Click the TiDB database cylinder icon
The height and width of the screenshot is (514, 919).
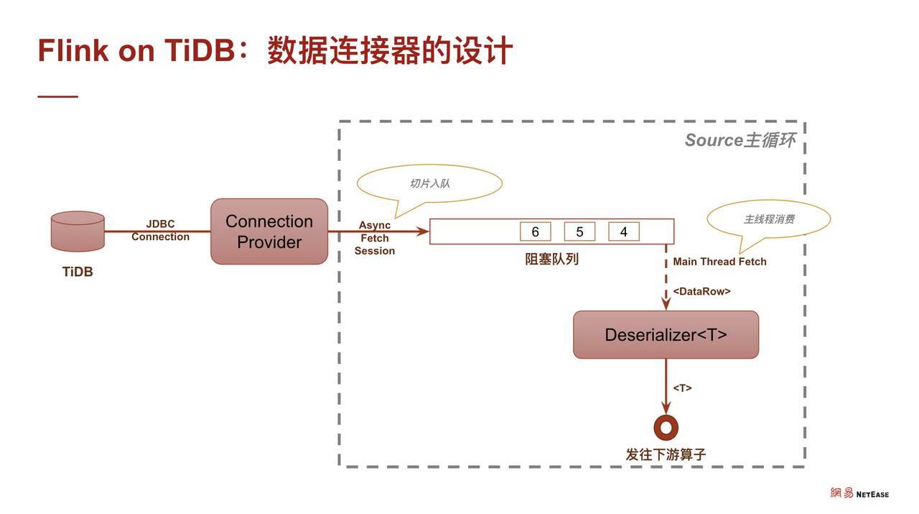[78, 231]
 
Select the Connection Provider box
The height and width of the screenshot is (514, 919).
[269, 231]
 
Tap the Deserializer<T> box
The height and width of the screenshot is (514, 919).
[666, 334]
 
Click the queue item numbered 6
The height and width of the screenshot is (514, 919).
[535, 231]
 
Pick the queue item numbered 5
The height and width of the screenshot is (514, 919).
[579, 231]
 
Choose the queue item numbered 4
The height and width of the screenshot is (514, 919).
[623, 231]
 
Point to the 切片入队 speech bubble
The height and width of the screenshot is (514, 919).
[430, 183]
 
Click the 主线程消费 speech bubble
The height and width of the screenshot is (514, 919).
[768, 219]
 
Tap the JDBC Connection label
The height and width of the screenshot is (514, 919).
[160, 231]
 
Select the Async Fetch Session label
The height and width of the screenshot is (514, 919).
[374, 238]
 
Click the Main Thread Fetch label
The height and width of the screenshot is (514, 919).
[719, 262]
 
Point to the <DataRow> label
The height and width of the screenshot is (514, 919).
[701, 292]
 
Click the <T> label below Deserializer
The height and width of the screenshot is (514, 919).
[682, 387]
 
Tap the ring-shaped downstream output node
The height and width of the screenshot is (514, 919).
[666, 428]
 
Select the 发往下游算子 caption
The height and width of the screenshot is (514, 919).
[666, 454]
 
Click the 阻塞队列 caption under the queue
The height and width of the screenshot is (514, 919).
[551, 260]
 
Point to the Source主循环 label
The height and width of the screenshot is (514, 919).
[740, 140]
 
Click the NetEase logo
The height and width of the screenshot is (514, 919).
[859, 494]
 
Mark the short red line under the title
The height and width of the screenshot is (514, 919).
[57, 96]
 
